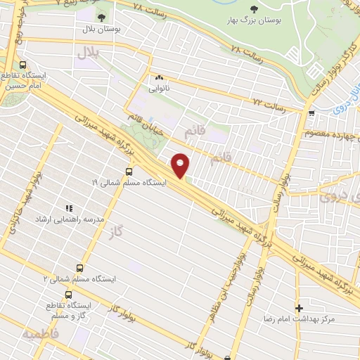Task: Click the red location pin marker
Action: click(x=181, y=165)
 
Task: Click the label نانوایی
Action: click(x=159, y=89)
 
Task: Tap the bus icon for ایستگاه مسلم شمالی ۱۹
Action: click(x=128, y=171)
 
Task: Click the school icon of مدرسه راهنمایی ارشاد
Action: click(x=69, y=208)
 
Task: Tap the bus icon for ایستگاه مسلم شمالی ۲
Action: click(x=79, y=268)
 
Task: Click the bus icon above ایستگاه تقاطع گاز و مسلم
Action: click(x=68, y=295)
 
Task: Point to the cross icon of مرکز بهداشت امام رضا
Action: click(x=300, y=308)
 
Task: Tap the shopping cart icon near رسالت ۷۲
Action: click(x=311, y=112)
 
